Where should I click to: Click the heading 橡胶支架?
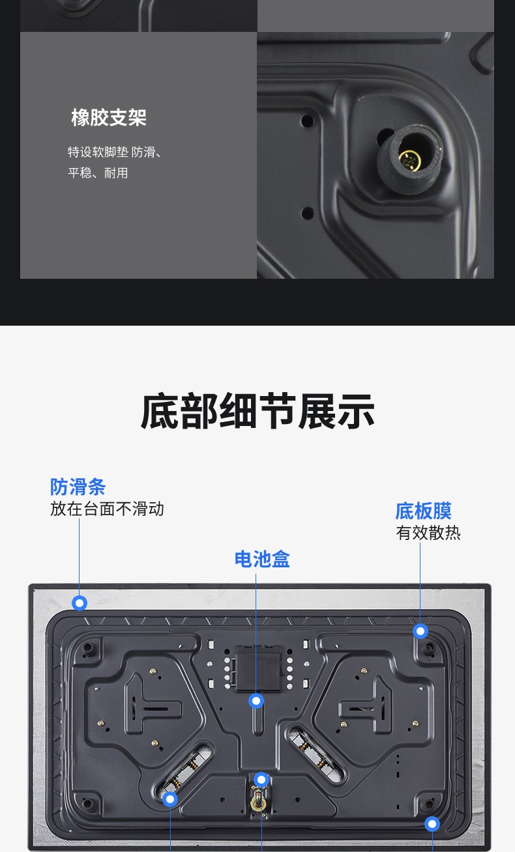tap(109, 117)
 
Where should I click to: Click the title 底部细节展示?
tap(257, 412)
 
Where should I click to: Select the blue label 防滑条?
tap(78, 487)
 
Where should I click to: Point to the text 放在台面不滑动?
tap(107, 509)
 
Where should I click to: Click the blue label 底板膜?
tap(423, 511)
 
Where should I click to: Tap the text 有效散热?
tap(428, 533)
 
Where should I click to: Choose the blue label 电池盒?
tap(262, 559)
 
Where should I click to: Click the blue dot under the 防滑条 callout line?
tap(80, 603)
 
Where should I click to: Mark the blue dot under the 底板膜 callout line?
tap(420, 631)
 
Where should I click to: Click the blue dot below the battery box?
tap(256, 701)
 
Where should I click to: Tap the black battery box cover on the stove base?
tap(259, 668)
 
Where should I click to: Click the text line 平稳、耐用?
tap(98, 173)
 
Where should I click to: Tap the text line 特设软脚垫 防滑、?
tap(115, 152)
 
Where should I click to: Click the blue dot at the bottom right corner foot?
tap(432, 825)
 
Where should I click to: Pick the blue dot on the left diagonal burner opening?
tap(170, 799)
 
